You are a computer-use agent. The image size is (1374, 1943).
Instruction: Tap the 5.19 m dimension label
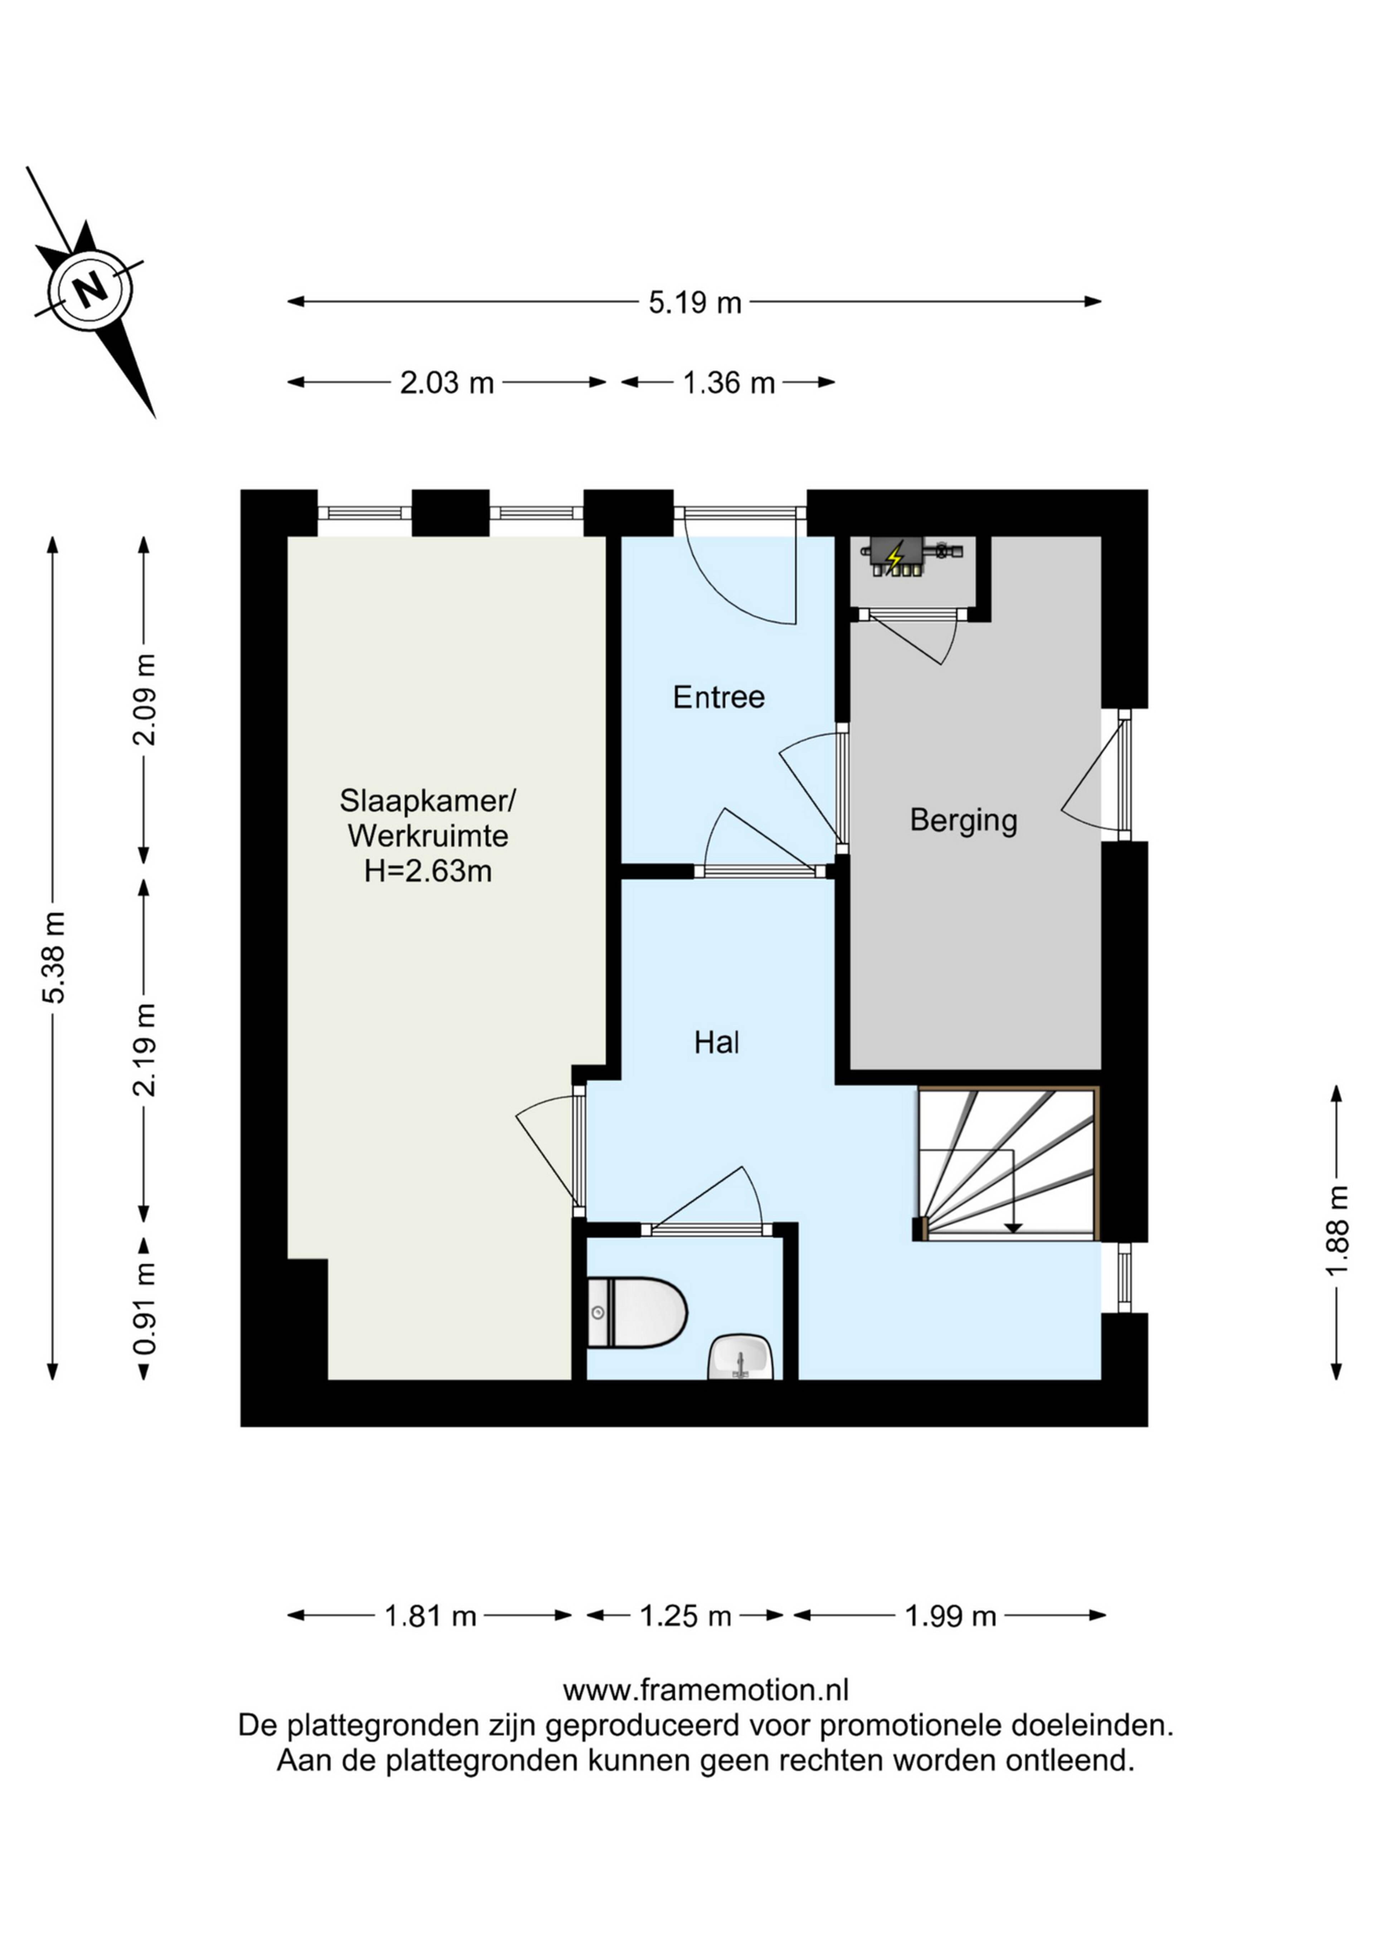[695, 302]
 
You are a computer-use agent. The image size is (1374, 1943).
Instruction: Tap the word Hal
[717, 1043]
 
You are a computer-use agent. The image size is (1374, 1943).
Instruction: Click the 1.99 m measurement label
[950, 1616]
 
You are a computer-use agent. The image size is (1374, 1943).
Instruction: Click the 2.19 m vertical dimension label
[146, 1049]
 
